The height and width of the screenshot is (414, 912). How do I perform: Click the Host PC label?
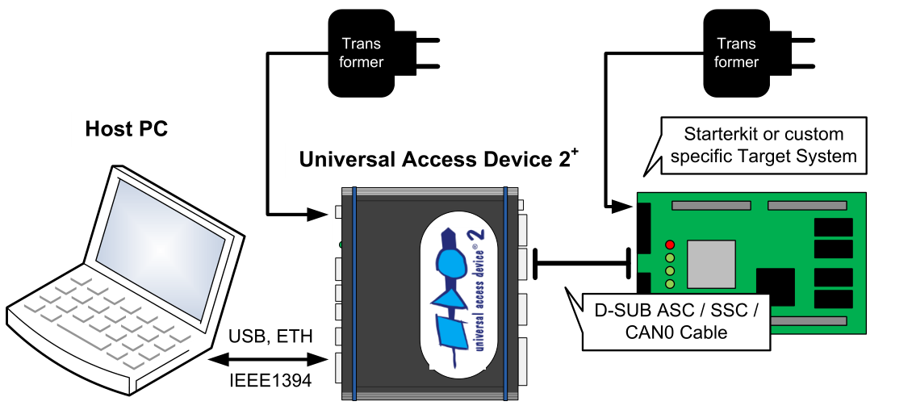(127, 129)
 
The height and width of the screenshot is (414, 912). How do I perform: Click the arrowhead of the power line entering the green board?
(622, 207)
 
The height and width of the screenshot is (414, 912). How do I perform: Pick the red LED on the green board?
(669, 245)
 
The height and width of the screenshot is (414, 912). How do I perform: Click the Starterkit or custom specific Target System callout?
(763, 145)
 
